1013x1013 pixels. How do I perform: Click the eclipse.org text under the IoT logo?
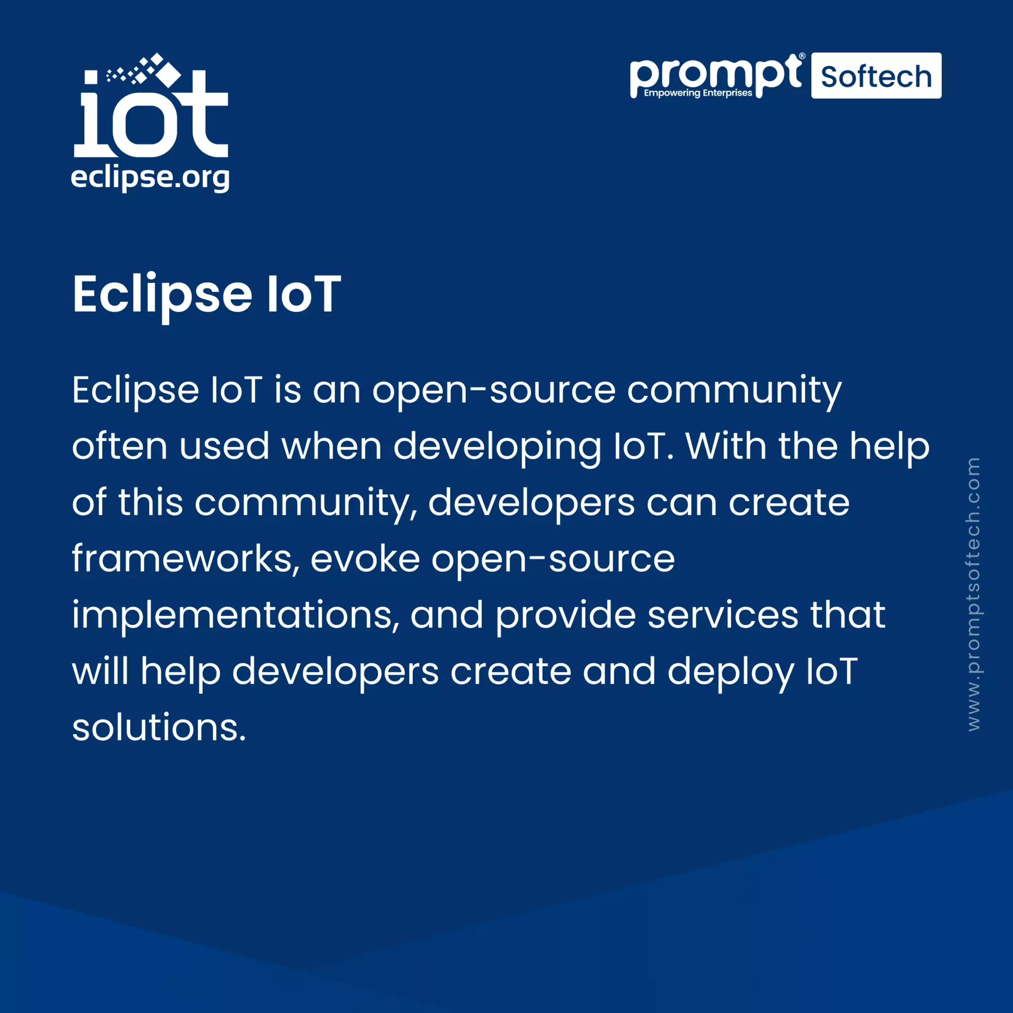tap(150, 178)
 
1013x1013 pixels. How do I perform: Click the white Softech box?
tap(875, 76)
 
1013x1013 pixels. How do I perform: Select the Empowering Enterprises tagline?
tap(698, 93)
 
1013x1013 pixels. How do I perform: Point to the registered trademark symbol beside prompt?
tap(802, 56)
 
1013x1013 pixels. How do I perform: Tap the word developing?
tap(497, 447)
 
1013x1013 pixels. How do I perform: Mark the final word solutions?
tap(158, 727)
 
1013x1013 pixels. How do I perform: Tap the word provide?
tap(566, 615)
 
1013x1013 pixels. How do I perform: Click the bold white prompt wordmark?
tap(714, 75)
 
